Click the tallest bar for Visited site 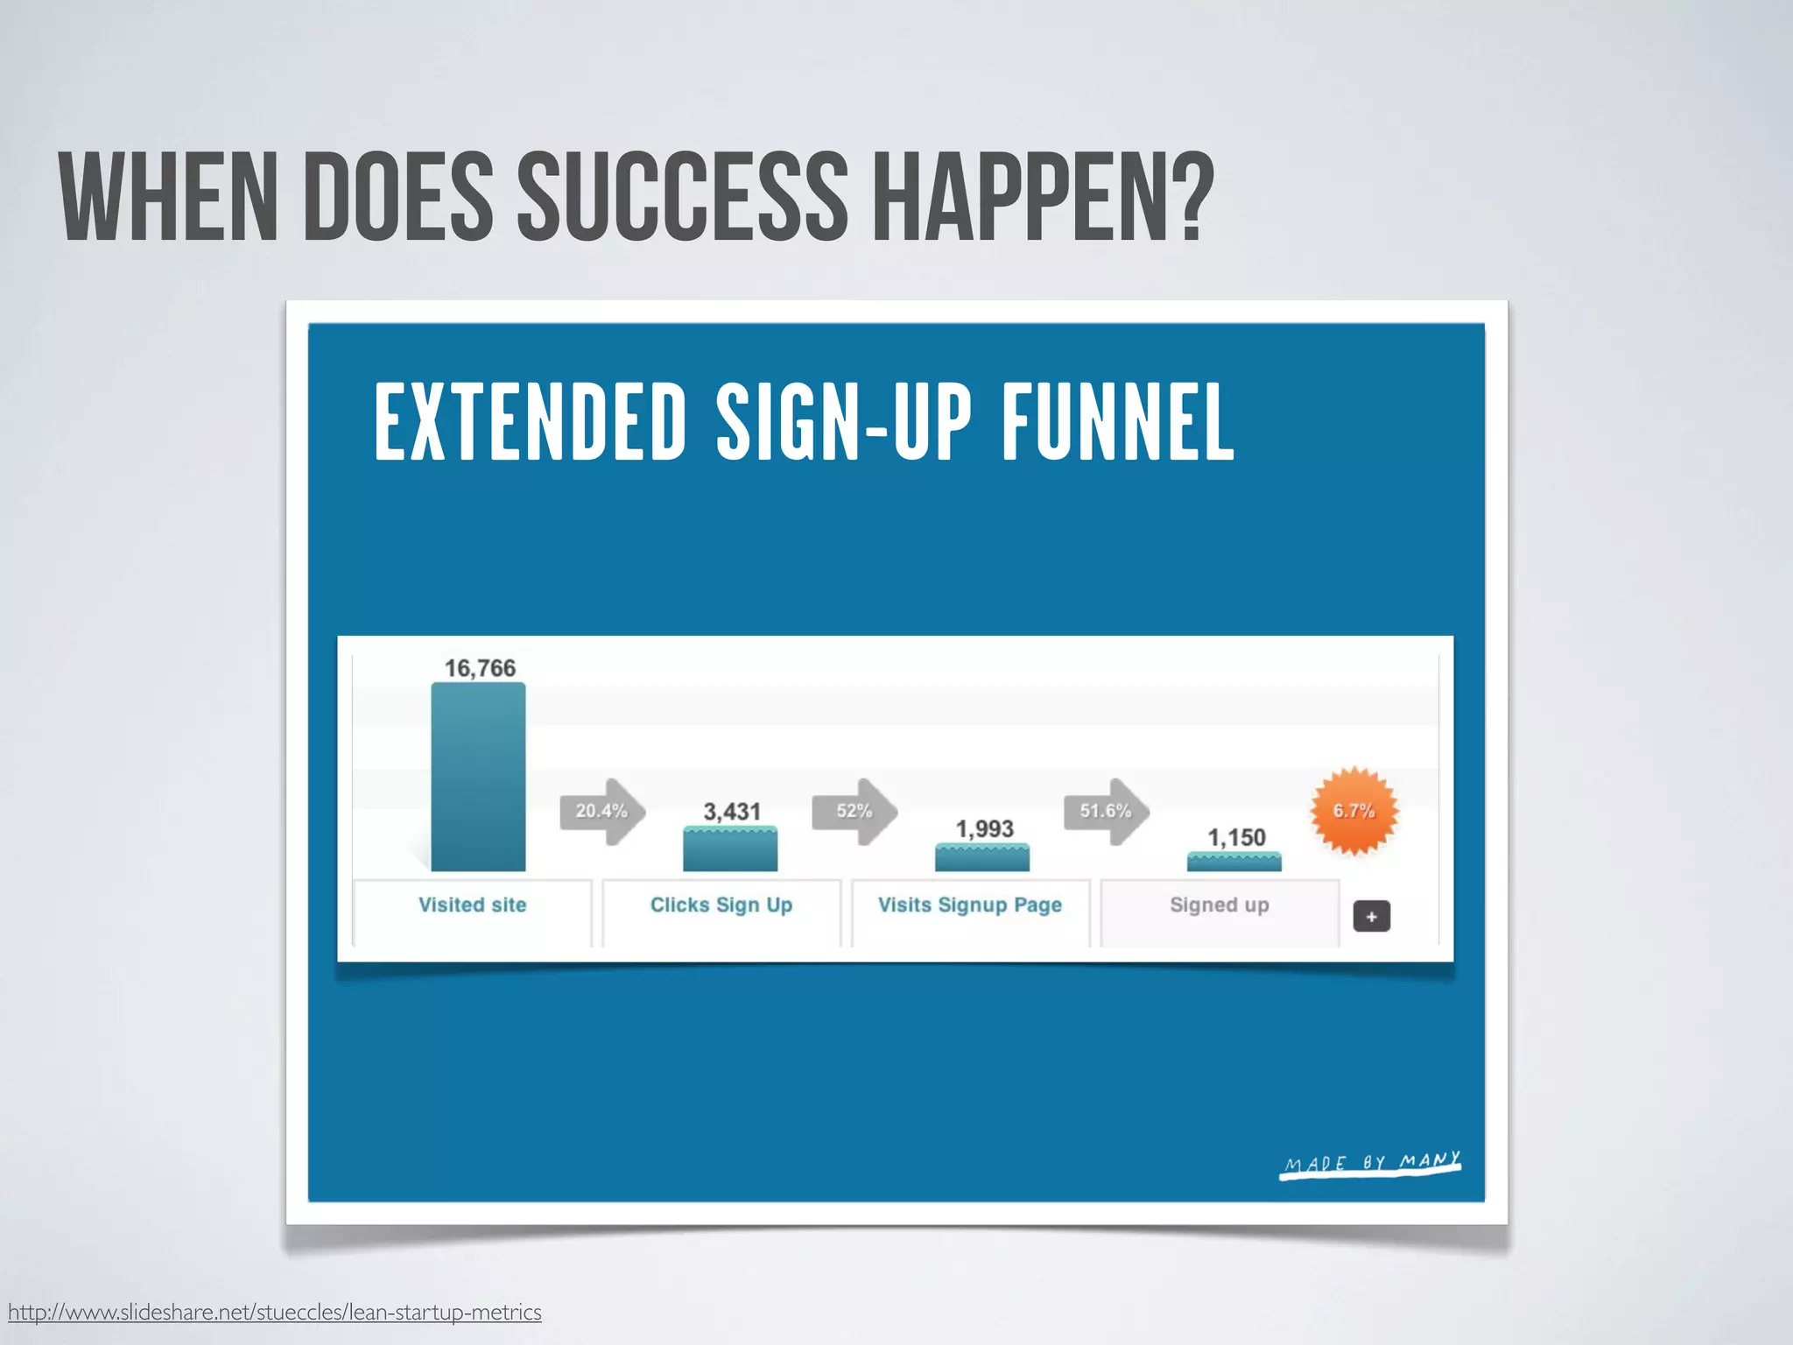(478, 777)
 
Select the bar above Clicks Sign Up (730, 849)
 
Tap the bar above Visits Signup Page (982, 857)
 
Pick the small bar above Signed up (1234, 862)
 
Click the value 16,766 (480, 668)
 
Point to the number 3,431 (732, 812)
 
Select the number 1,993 (984, 828)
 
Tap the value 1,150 (1236, 838)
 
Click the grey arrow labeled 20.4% (602, 812)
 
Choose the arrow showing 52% (854, 812)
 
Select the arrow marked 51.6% (1107, 812)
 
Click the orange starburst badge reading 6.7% (1354, 811)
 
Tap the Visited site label (472, 905)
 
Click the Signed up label (1219, 905)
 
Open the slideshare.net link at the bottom (274, 1312)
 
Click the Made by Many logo (1371, 1164)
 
